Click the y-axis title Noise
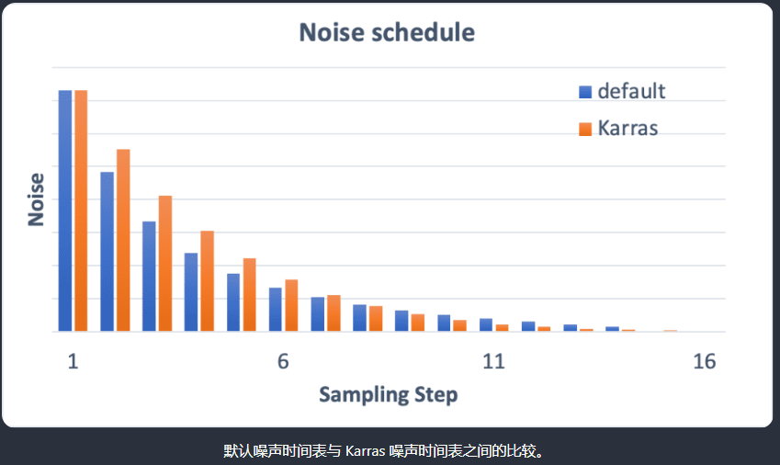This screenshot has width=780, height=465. pos(37,199)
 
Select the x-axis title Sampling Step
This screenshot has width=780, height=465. pos(388,395)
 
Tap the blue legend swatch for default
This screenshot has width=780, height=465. pos(585,92)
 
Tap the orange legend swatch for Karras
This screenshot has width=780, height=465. pos(585,129)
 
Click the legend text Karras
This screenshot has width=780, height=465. pos(627,128)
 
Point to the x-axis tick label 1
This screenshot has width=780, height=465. pos(73,361)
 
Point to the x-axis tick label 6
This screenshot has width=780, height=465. pos(283,361)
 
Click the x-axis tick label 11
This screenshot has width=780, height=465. pos(493,361)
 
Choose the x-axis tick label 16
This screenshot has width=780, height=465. pos(704,361)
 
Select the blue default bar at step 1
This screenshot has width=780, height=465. pos(65,210)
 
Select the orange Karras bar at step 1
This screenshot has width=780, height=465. pos(81,210)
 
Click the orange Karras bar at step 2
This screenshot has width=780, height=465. pos(123,240)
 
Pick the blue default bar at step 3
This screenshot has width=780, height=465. pos(149,276)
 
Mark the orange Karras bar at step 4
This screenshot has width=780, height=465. pos(208,280)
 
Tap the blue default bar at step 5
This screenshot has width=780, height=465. pos(233,302)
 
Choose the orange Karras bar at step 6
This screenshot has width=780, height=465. pos(291,305)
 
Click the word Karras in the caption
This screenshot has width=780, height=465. pos(366,451)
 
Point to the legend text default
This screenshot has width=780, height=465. pos(631,91)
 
